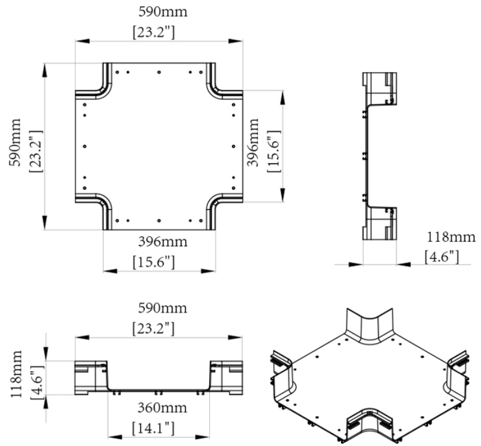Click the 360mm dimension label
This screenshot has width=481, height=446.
click(x=162, y=408)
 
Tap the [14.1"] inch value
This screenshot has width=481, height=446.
click(x=153, y=428)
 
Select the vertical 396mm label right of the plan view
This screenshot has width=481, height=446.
click(x=253, y=142)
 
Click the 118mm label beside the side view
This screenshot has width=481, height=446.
click(x=451, y=237)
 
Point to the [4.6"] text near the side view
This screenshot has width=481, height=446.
click(x=442, y=257)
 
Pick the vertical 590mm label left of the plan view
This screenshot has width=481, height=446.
click(x=15, y=142)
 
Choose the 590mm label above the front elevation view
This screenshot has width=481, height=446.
click(x=162, y=308)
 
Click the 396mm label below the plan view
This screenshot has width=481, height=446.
click(x=163, y=242)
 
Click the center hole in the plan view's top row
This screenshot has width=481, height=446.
click(x=159, y=72)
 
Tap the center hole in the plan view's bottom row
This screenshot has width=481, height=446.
click(x=159, y=221)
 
